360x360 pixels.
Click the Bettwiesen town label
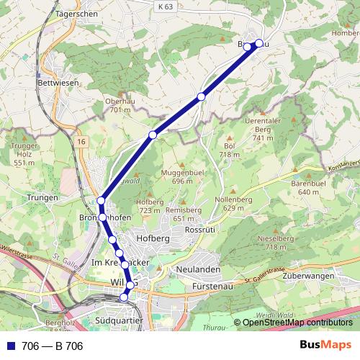click(57, 83)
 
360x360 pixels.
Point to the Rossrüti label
click(201, 229)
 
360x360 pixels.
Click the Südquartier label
click(120, 318)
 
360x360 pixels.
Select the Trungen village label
click(42, 197)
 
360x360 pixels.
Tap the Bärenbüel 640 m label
click(305, 188)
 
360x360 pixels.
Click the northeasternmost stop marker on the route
click(259, 43)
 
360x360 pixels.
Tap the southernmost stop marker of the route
click(124, 297)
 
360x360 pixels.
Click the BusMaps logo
click(325, 346)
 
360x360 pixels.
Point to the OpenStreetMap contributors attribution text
click(298, 323)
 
